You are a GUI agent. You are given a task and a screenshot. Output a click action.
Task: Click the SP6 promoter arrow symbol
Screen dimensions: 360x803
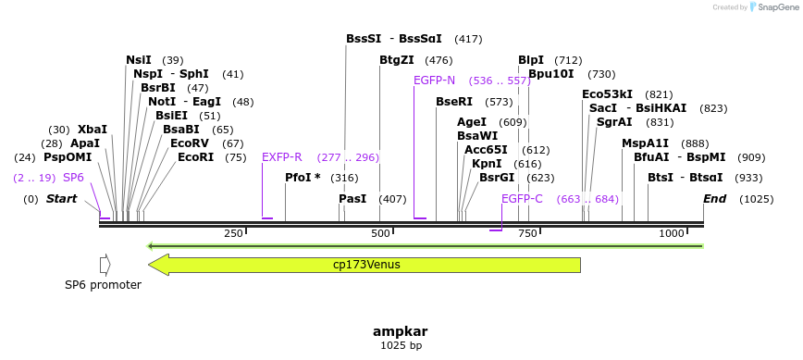[105, 265]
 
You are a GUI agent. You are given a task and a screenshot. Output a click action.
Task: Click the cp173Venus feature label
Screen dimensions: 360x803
[366, 265]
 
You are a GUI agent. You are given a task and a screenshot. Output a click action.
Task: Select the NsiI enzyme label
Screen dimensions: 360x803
[139, 60]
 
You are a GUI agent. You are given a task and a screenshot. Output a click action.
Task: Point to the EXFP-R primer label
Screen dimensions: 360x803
[282, 157]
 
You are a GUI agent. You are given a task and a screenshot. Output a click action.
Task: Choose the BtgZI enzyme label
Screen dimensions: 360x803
[396, 60]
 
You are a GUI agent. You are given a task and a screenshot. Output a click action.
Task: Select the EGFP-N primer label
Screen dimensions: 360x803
[434, 81]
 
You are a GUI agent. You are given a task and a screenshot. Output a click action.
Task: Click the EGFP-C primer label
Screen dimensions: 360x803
[522, 199]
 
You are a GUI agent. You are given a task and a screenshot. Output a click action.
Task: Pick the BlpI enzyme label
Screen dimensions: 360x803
[531, 60]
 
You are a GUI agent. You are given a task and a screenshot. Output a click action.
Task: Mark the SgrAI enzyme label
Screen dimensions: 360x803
[614, 122]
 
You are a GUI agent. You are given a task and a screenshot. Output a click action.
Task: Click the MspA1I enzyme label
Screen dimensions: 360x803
[645, 143]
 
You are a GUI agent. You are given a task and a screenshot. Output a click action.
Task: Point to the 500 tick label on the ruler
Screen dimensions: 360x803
[380, 234]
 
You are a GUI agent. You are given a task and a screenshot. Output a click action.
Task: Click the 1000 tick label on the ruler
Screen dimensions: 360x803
[671, 234]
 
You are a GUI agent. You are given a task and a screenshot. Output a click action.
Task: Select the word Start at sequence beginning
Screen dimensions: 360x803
[62, 199]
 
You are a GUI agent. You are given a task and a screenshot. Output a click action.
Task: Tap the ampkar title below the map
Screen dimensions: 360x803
[401, 331]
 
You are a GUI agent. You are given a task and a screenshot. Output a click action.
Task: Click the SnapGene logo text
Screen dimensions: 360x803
[775, 7]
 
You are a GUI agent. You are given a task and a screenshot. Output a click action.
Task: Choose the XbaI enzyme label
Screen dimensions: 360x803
[93, 130]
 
